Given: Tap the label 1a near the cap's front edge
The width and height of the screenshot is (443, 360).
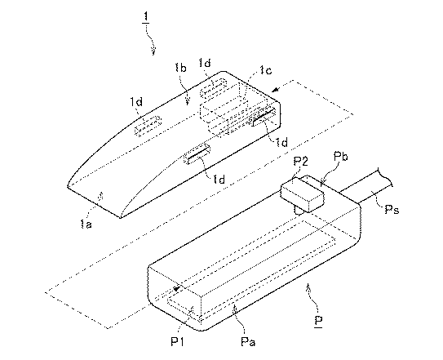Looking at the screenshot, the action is (86, 224).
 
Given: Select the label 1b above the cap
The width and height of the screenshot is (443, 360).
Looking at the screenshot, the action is (181, 68).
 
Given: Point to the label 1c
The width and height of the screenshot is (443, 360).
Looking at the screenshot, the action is (266, 69).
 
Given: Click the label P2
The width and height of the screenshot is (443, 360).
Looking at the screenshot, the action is (300, 162).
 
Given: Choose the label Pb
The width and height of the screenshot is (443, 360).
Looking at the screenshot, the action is (340, 156).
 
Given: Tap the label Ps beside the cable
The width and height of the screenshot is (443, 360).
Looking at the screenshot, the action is (392, 209).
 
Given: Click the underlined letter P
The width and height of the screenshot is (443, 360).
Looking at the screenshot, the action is (319, 321).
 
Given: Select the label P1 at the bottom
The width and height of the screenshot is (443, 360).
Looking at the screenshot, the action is (177, 341).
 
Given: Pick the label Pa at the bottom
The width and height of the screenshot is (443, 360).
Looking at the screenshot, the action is (248, 341).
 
